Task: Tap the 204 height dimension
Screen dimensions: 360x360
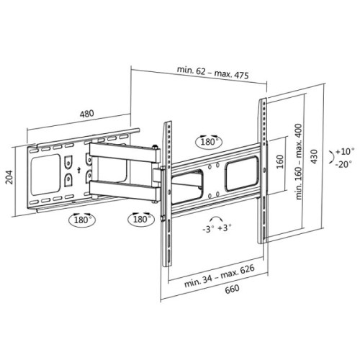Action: [10, 177]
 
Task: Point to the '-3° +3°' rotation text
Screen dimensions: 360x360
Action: [217, 230]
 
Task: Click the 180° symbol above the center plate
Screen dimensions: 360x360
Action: [209, 142]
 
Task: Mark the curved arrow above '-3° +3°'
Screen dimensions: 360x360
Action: [214, 217]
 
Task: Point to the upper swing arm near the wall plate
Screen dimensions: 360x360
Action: [119, 153]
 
